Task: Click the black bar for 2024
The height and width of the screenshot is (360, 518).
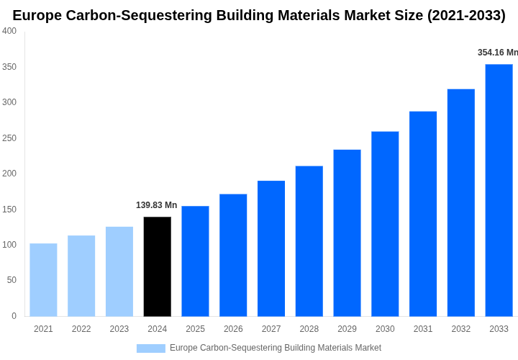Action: pyautogui.click(x=158, y=266)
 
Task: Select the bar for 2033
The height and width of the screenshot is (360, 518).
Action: pyautogui.click(x=499, y=190)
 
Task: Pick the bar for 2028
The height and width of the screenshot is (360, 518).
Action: pyautogui.click(x=309, y=241)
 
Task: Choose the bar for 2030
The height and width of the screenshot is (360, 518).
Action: pyautogui.click(x=385, y=224)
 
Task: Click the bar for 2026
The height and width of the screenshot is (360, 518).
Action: pyautogui.click(x=233, y=255)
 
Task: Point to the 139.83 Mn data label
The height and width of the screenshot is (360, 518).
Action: pyautogui.click(x=156, y=205)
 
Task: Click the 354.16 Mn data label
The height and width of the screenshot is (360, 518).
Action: pyautogui.click(x=497, y=53)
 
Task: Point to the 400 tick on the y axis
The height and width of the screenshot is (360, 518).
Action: pyautogui.click(x=9, y=31)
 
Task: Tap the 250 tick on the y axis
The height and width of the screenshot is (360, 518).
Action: pyautogui.click(x=9, y=138)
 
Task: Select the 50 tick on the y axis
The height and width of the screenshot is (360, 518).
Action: pyautogui.click(x=12, y=280)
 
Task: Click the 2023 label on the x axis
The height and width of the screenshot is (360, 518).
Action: pyautogui.click(x=119, y=329)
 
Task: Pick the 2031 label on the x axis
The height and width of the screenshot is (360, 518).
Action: pyautogui.click(x=423, y=329)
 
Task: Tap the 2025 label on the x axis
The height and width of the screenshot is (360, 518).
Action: pyautogui.click(x=195, y=329)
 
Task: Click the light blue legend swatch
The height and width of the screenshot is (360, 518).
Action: pyautogui.click(x=150, y=348)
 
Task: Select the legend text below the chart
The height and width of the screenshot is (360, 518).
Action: pyautogui.click(x=276, y=348)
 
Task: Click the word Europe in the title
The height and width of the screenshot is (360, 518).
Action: pyautogui.click(x=37, y=15)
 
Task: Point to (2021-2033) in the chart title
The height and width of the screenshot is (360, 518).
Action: pyautogui.click(x=466, y=15)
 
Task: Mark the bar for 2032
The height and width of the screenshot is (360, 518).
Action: pyautogui.click(x=461, y=202)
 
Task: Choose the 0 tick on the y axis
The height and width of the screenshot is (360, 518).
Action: pyautogui.click(x=14, y=316)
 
